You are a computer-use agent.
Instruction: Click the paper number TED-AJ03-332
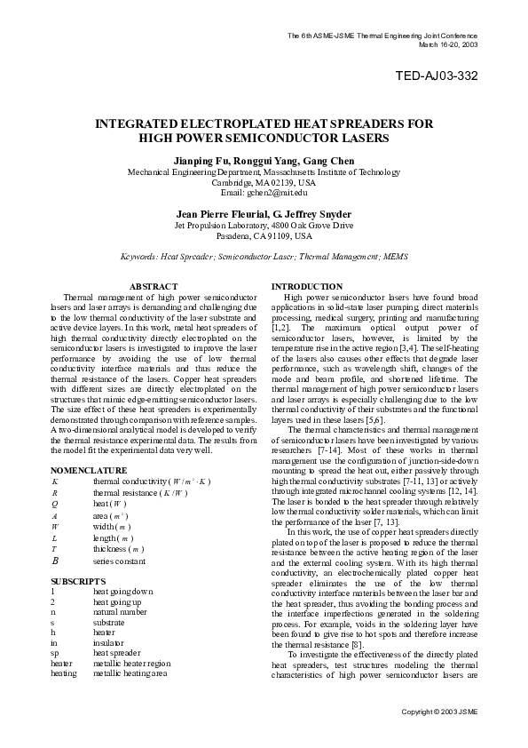pyautogui.click(x=436, y=76)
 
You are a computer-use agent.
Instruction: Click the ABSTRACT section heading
pyautogui.click(x=154, y=286)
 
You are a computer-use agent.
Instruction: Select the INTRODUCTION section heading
pyautogui.click(x=306, y=286)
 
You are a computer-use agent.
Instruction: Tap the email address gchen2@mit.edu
pyautogui.click(x=264, y=192)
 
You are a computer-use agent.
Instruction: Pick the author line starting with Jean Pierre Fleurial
pyautogui.click(x=264, y=214)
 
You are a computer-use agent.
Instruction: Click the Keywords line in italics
pyautogui.click(x=264, y=257)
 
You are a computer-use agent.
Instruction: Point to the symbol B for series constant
pyautogui.click(x=55, y=561)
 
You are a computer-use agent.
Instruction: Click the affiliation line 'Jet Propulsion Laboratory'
pyautogui.click(x=264, y=226)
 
